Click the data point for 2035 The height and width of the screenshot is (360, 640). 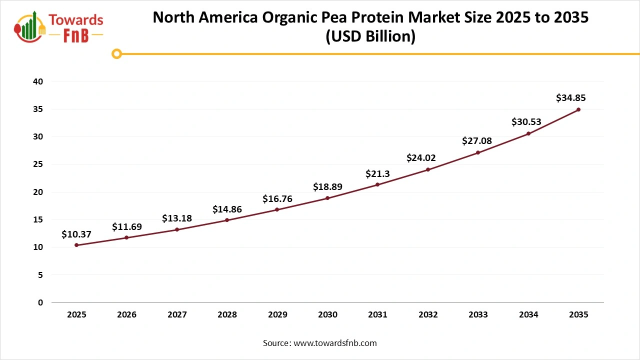(578, 109)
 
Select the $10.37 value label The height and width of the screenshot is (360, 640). (76, 234)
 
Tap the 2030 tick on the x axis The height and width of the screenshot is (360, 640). (327, 315)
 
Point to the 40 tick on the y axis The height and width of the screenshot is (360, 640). (37, 81)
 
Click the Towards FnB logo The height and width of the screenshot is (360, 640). (59, 27)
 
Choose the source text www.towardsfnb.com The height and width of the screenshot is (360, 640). (334, 343)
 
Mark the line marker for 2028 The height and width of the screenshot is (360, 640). (227, 220)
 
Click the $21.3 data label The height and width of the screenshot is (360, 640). (377, 173)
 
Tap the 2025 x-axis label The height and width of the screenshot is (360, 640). (76, 315)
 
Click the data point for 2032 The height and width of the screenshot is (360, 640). (428, 169)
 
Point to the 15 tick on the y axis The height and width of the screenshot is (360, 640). (37, 219)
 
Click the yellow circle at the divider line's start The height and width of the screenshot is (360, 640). (116, 53)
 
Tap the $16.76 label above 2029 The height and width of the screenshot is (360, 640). (277, 199)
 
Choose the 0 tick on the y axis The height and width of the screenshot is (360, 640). (40, 302)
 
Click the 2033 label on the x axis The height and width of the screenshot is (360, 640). (478, 315)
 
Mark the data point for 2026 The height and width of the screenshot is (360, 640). (126, 237)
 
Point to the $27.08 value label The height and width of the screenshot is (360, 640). (477, 141)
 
